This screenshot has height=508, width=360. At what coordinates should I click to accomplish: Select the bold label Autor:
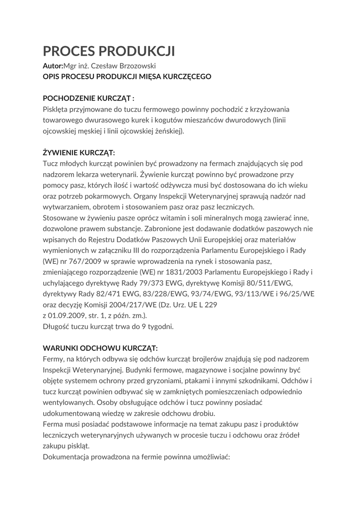(53, 66)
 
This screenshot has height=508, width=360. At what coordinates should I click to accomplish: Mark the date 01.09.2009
(70, 316)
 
